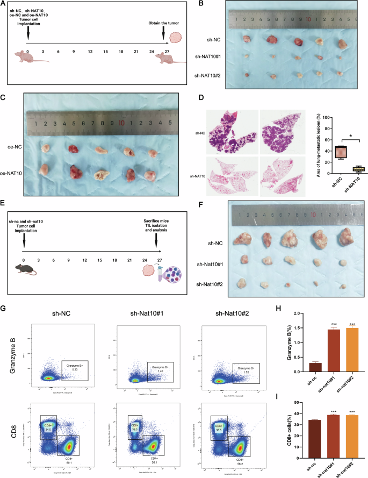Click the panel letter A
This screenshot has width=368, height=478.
pyautogui.click(x=4, y=4)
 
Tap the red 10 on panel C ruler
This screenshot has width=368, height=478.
pyautogui.click(x=122, y=123)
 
